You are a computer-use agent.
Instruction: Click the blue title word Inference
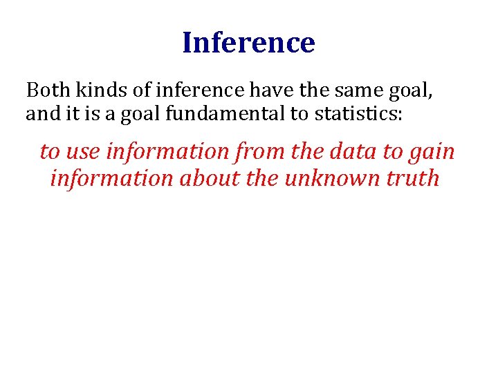click(x=248, y=43)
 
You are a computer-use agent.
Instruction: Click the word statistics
click(x=353, y=113)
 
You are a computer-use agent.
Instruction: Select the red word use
click(x=82, y=151)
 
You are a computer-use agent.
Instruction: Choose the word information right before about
click(x=112, y=178)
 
